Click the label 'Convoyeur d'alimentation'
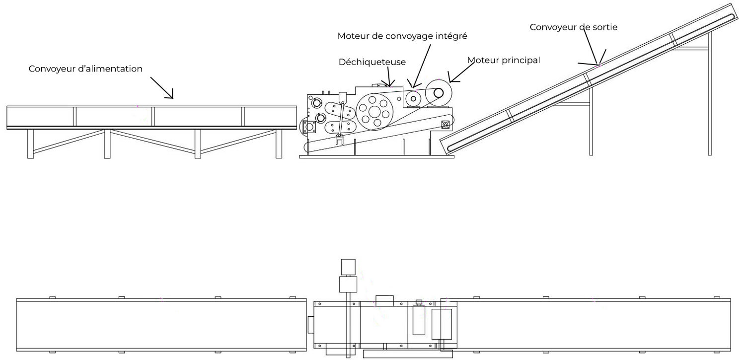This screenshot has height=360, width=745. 85,69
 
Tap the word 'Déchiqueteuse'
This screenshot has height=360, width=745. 372,62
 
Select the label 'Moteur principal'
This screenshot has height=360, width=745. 504,60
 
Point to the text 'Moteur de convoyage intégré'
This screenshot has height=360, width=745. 402,36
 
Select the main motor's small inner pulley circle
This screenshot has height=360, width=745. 440,92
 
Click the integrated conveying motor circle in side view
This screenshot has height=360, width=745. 413,98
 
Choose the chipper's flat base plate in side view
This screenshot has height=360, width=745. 376,157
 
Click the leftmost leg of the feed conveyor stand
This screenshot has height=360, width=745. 31,144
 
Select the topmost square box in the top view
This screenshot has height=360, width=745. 349,267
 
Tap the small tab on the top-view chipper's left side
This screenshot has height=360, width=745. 311,325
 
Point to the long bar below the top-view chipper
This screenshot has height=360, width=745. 408,355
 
